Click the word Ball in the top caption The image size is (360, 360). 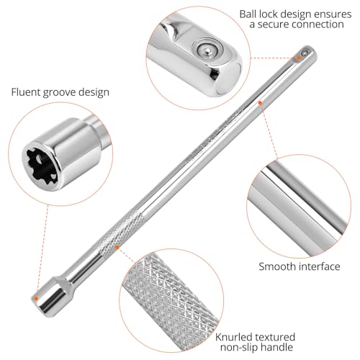click(250, 14)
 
